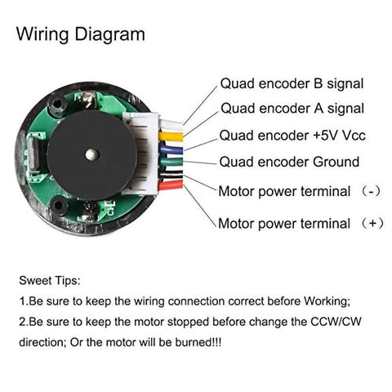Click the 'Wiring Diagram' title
(x=81, y=34)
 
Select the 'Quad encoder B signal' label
(x=291, y=83)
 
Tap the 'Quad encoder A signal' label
(x=291, y=109)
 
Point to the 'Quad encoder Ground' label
(x=289, y=163)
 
